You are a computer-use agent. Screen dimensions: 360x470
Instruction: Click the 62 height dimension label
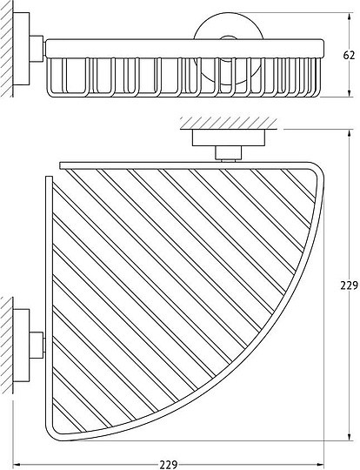(349, 55)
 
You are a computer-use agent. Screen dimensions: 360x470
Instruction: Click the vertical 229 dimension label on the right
(350, 285)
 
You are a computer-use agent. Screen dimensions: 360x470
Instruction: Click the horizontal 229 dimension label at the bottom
(169, 465)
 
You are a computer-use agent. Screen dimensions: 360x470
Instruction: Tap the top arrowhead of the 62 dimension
(349, 17)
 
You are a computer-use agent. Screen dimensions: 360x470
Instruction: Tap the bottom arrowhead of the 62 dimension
(349, 93)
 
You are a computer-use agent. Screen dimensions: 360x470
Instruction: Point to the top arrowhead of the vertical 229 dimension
(349, 134)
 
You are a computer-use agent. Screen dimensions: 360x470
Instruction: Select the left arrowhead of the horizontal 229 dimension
(17, 465)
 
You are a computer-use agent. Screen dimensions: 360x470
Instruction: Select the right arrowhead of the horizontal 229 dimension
(320, 465)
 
